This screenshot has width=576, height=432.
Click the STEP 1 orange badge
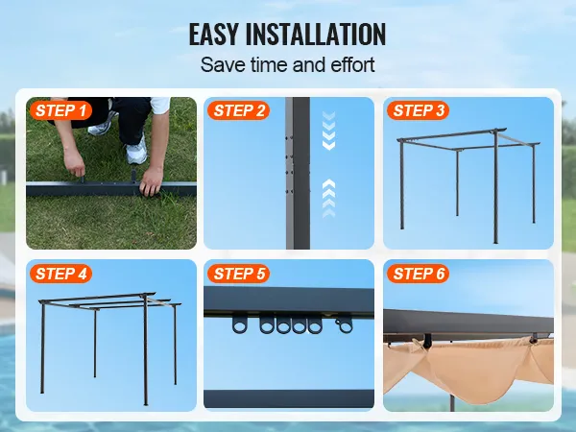click(60, 110)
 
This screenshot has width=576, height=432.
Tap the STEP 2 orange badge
click(238, 110)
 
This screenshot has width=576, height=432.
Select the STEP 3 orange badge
click(418, 110)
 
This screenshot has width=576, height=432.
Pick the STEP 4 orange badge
click(60, 274)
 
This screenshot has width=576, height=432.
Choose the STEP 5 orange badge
click(238, 274)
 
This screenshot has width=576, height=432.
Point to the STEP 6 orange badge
click(418, 274)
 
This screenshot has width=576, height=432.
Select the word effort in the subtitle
click(352, 64)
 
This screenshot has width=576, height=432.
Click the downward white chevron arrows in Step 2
click(328, 131)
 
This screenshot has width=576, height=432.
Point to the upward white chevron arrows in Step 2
click(328, 199)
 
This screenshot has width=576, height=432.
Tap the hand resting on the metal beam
click(151, 180)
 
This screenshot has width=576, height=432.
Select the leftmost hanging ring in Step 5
click(239, 324)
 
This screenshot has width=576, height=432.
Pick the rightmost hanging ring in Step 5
click(344, 324)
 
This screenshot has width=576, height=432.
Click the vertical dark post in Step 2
click(298, 173)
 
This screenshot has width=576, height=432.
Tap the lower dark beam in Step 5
click(289, 399)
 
